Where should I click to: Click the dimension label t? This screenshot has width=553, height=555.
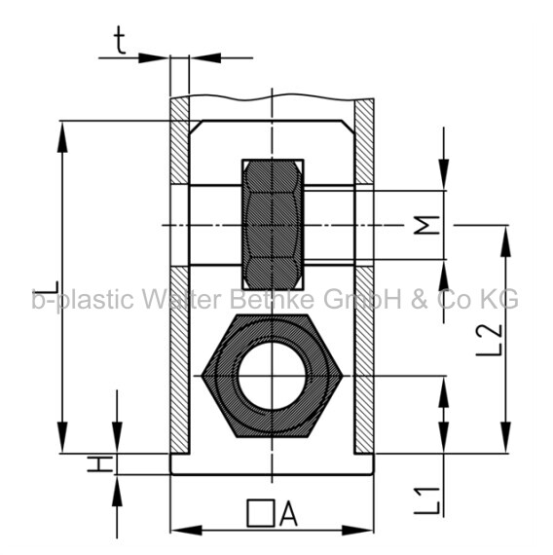coord(121,41)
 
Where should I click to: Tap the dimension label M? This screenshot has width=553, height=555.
coord(427,225)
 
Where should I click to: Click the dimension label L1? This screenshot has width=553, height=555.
coord(427,500)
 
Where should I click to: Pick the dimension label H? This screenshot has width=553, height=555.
coord(100,463)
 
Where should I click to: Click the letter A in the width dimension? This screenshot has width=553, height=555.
coord(288,513)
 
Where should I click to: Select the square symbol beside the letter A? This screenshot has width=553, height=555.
coord(261,513)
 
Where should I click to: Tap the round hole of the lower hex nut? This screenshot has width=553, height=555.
coord(272,376)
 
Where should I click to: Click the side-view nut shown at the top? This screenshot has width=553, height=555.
coord(273,225)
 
